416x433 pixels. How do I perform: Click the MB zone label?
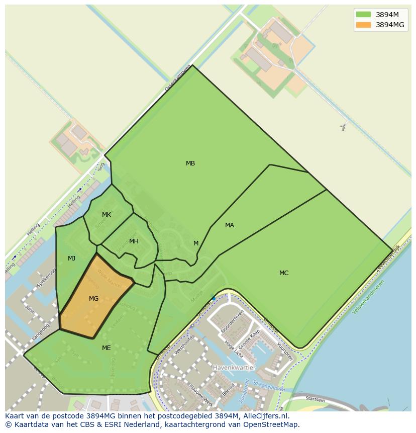(x=190, y=163)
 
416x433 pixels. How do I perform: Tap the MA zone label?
(x=230, y=225)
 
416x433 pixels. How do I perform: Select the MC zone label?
(x=284, y=273)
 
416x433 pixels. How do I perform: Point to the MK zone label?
(x=107, y=215)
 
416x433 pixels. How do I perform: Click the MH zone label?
(x=134, y=241)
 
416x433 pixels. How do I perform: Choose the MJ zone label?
(x=72, y=258)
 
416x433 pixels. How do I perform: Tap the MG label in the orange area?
(x=94, y=299)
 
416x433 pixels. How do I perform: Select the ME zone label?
(x=107, y=348)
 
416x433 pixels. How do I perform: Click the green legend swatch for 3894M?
(x=363, y=15)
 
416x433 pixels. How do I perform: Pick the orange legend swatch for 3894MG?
(x=363, y=25)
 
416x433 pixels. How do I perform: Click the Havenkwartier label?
(x=234, y=368)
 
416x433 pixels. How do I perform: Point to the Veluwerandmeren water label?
(x=368, y=297)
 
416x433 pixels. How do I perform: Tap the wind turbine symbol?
(x=343, y=128)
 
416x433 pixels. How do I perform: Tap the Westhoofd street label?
(x=183, y=345)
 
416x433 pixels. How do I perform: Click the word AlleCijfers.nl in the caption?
(x=264, y=416)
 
